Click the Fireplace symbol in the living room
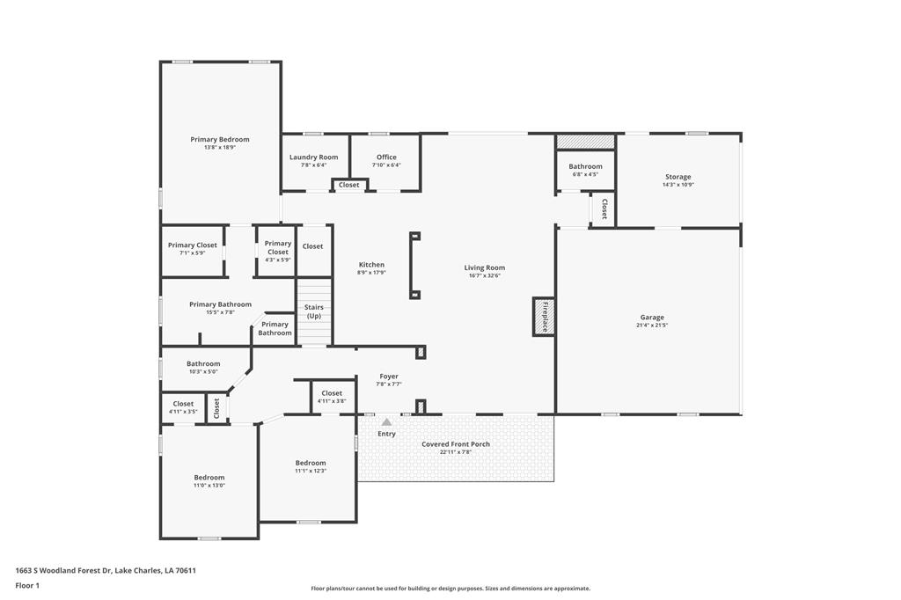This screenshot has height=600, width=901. [x=544, y=316]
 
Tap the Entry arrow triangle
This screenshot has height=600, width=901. [x=386, y=422]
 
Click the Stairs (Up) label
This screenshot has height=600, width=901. [x=314, y=311]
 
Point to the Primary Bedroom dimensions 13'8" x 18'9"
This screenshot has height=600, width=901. [x=220, y=148]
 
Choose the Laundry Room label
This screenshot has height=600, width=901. [x=314, y=157]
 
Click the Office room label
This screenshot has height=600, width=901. [x=386, y=157]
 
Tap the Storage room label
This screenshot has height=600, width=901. [x=678, y=177]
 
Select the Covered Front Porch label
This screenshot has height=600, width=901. [x=456, y=444]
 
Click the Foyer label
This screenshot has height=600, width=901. [x=389, y=377]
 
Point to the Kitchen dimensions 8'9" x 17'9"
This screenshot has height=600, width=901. [x=371, y=273]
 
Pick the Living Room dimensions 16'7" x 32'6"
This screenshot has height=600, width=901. [x=485, y=276]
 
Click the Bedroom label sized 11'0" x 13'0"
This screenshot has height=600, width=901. [x=209, y=478]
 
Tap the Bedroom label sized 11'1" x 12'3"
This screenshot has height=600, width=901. [x=311, y=463]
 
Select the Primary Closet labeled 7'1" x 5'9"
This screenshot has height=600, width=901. [x=193, y=245]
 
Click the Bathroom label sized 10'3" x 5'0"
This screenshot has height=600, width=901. [x=203, y=363]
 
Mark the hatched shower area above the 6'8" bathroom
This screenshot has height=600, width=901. [x=585, y=141]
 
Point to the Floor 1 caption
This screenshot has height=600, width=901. [x=27, y=585]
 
